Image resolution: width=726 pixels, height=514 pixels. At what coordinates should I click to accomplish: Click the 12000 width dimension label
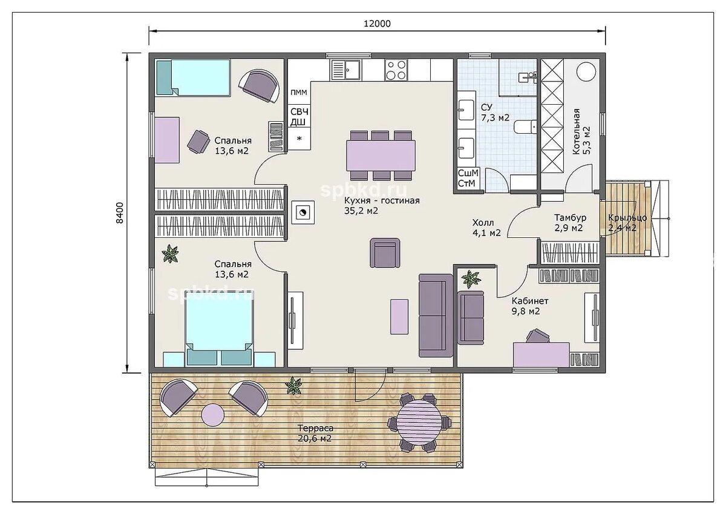tap(377, 24)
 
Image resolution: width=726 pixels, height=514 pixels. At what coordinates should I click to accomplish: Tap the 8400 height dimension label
tap(120, 213)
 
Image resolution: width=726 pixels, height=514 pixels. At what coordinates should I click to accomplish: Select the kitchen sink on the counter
tap(345, 70)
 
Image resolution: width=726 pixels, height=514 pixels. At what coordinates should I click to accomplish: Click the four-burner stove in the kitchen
tap(396, 70)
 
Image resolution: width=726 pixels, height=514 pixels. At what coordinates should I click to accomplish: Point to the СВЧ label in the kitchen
tap(299, 112)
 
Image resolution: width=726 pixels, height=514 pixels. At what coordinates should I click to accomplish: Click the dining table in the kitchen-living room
tap(381, 156)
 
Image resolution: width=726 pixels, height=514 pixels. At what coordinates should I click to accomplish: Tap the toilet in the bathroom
tap(525, 126)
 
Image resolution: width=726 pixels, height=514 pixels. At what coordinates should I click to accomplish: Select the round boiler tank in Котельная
tap(586, 71)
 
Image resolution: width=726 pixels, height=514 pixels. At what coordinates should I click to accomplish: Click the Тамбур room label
tap(570, 217)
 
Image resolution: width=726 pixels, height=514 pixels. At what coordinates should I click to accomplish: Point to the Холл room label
tap(483, 222)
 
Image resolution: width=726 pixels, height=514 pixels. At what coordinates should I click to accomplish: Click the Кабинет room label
tap(530, 301)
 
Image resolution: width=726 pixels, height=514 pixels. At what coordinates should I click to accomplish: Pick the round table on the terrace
tap(419, 422)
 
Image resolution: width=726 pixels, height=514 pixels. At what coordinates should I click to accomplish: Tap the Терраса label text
tap(315, 429)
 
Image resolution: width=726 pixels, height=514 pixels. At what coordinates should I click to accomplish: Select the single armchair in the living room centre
tap(385, 253)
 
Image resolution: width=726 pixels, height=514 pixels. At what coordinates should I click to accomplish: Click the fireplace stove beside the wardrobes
tap(302, 213)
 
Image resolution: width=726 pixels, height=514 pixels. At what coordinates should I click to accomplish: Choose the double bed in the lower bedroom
tap(219, 328)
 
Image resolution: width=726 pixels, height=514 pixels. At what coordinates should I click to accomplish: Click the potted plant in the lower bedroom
tap(170, 254)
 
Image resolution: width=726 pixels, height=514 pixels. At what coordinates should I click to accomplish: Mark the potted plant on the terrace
tap(293, 385)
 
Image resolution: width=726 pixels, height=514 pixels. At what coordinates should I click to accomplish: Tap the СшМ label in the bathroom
tap(468, 173)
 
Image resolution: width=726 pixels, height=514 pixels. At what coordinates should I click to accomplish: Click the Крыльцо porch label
tap(627, 217)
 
